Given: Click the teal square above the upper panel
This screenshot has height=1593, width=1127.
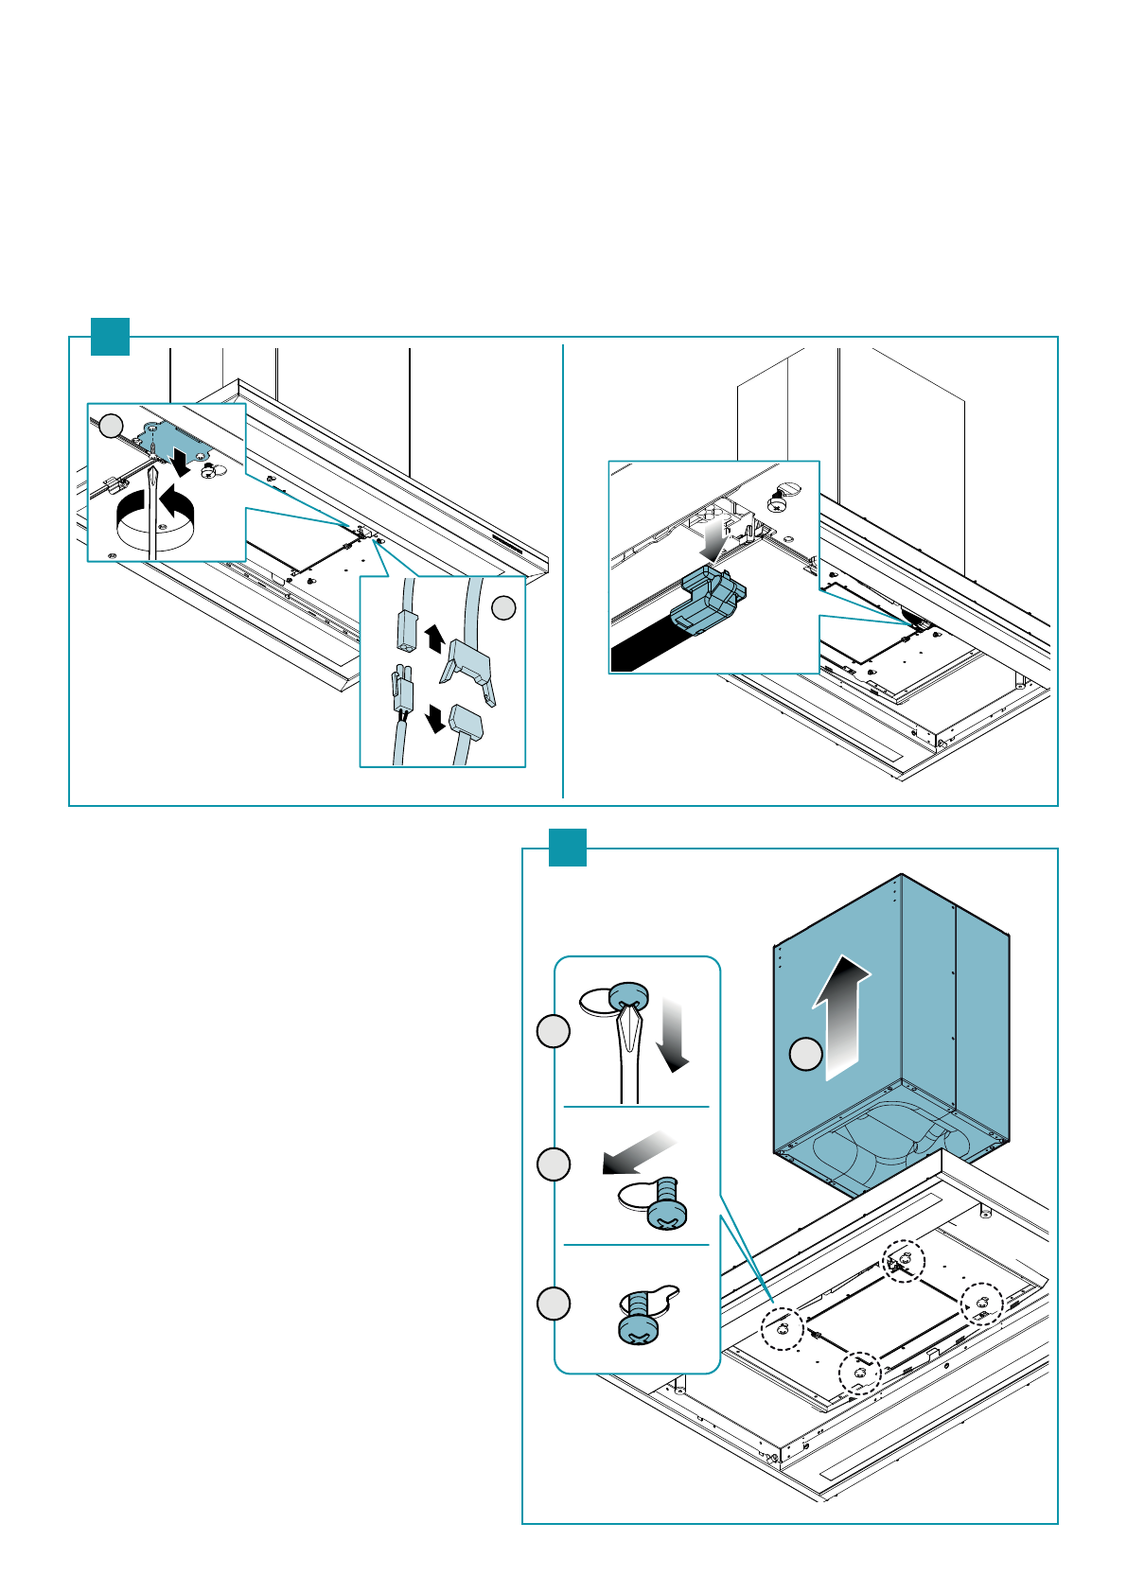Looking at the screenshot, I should (110, 337).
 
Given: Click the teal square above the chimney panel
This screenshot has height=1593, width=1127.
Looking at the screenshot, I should (568, 848).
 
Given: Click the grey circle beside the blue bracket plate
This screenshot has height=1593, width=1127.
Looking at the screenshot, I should (112, 426).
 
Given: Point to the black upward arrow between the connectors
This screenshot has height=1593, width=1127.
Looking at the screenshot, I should (434, 639).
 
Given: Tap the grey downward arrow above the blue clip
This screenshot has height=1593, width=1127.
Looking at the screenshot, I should (714, 538).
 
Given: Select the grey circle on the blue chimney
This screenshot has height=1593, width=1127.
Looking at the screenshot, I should (805, 1054).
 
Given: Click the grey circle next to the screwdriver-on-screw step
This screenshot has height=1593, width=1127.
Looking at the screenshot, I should (554, 1031).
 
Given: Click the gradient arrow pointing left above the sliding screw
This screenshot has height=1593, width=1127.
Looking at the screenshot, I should (640, 1152).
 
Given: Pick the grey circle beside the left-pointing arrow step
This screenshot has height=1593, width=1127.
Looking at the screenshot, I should (554, 1164).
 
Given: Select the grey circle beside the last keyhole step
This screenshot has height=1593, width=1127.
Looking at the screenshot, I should (554, 1304).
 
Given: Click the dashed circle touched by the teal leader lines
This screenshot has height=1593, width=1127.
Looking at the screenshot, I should (783, 1329).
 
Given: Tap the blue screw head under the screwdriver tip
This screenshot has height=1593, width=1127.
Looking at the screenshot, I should (628, 996).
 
